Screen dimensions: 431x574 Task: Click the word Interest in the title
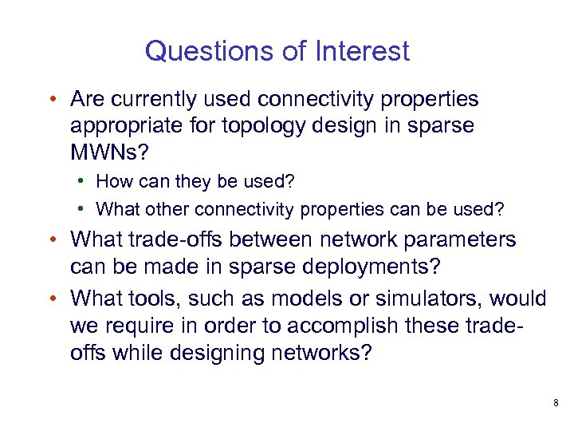click(363, 51)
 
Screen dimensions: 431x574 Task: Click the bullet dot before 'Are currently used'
click(50, 101)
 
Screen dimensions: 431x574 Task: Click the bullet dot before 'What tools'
click(50, 299)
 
